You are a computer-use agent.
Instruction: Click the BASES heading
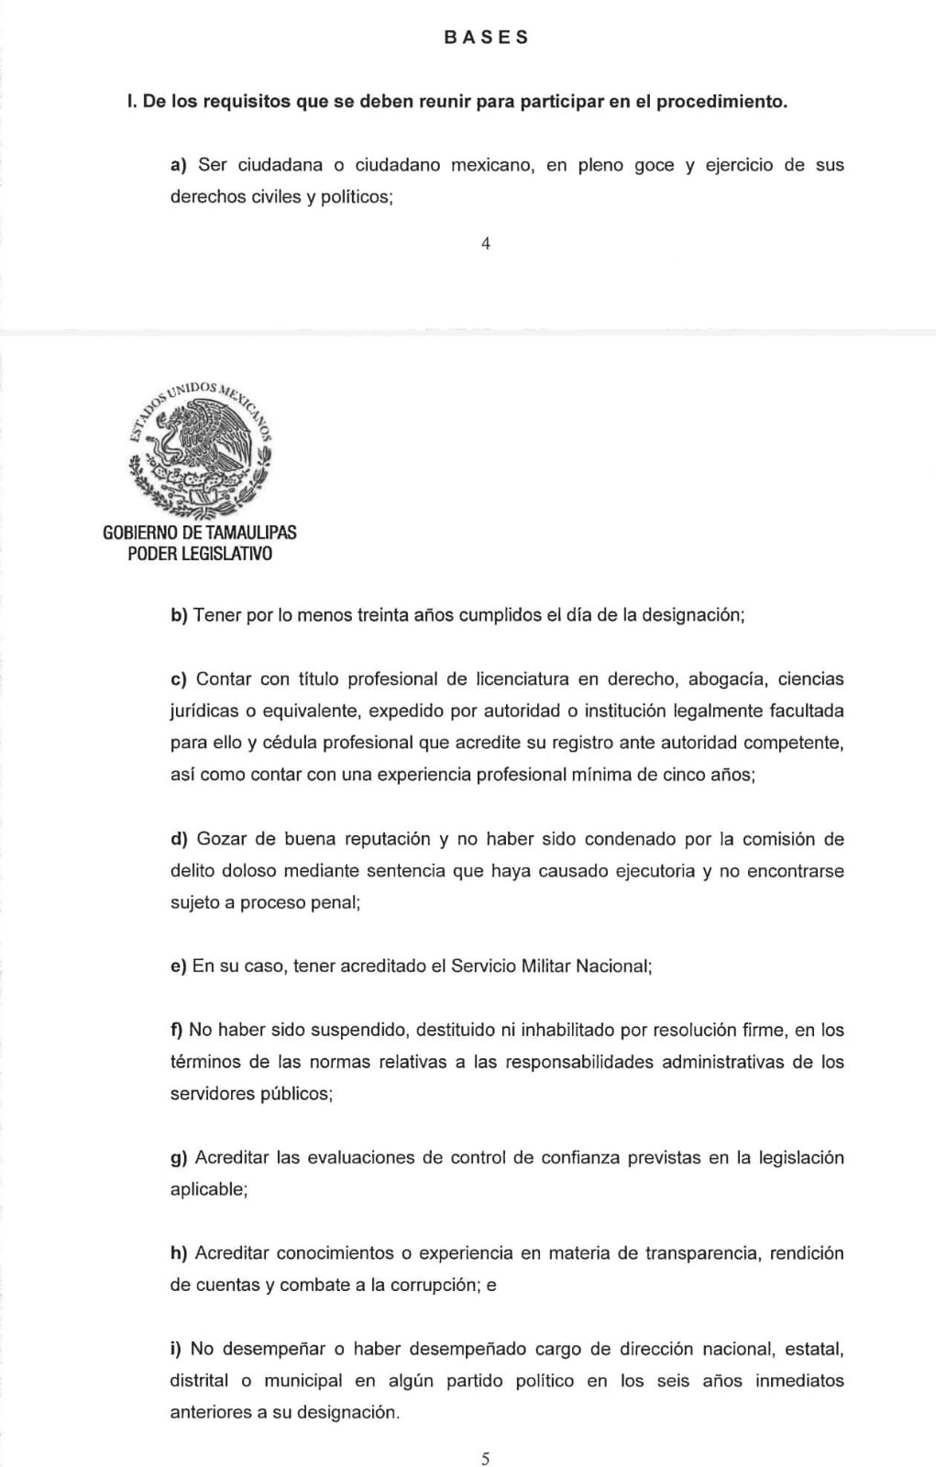(x=486, y=38)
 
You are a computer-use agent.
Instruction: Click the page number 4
(x=486, y=244)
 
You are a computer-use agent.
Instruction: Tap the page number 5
(x=486, y=1459)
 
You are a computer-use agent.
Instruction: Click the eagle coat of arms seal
(x=200, y=448)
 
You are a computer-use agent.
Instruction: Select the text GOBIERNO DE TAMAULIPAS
(x=200, y=533)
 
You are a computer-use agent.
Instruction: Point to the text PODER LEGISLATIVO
(x=200, y=555)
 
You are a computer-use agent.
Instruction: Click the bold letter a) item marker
(x=179, y=166)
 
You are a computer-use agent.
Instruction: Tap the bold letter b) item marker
(x=179, y=615)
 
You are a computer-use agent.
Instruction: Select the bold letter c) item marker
(x=179, y=679)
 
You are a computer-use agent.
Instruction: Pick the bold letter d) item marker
(x=179, y=839)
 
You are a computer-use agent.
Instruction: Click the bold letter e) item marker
(x=179, y=966)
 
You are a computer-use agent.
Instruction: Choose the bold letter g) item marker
(x=179, y=1158)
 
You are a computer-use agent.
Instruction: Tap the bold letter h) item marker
(x=179, y=1253)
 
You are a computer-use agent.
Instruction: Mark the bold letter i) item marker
(x=176, y=1349)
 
